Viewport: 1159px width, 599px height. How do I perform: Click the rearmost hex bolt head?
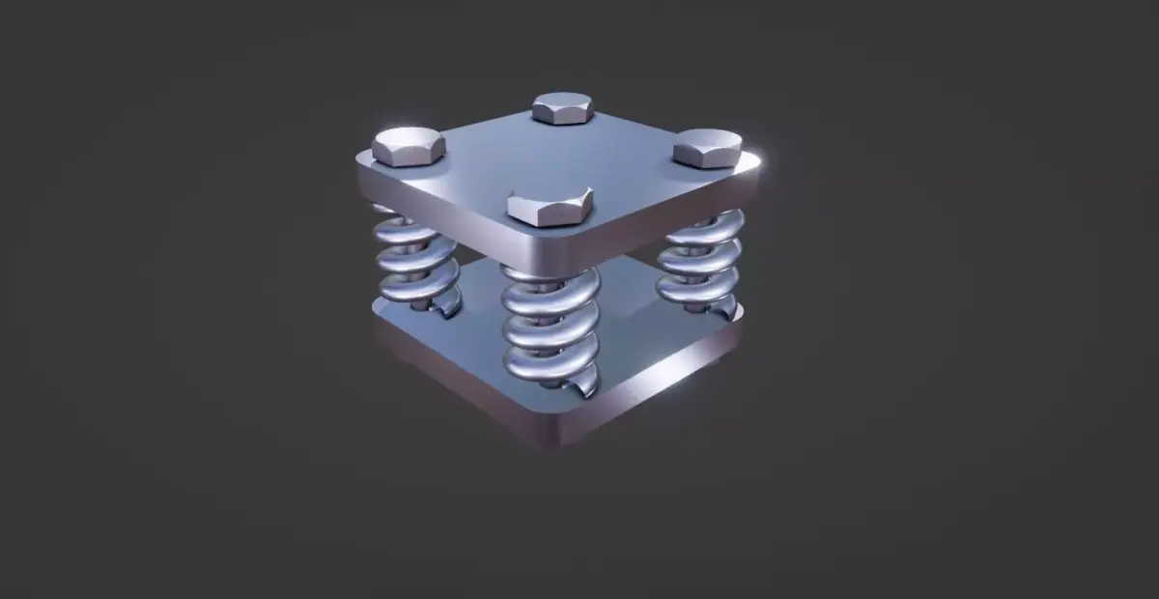[562, 107]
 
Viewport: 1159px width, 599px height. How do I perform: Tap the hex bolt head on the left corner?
[408, 146]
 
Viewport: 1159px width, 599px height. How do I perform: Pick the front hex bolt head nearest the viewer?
[549, 207]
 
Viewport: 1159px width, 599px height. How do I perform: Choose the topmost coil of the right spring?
[703, 229]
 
